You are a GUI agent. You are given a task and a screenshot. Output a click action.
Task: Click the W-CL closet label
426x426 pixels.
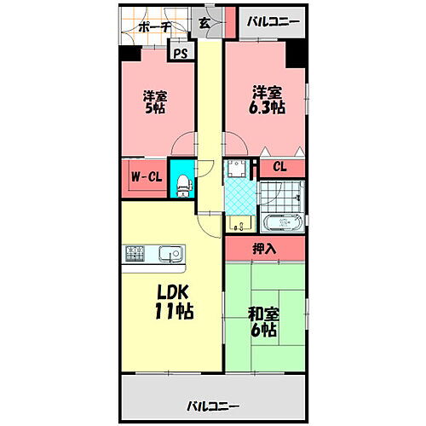(146, 177)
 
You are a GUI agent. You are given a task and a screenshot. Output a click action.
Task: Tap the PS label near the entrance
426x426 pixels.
(180, 54)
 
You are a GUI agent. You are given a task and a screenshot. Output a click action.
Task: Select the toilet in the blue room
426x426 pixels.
(181, 181)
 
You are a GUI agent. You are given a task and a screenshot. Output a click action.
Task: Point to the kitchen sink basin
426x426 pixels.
(170, 253)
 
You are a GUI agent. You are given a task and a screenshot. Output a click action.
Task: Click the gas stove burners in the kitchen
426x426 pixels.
(136, 253)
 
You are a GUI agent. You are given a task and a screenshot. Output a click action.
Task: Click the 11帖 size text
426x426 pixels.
(172, 311)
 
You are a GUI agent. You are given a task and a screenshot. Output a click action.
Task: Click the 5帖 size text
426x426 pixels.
(154, 108)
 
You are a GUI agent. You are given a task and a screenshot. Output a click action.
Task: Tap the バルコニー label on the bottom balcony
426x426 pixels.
(212, 406)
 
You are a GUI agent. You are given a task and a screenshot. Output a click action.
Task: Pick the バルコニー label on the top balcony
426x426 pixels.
(273, 21)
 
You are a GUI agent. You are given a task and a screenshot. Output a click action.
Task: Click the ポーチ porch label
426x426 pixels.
(153, 26)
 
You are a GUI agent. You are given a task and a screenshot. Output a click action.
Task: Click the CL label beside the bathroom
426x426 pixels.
(279, 167)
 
